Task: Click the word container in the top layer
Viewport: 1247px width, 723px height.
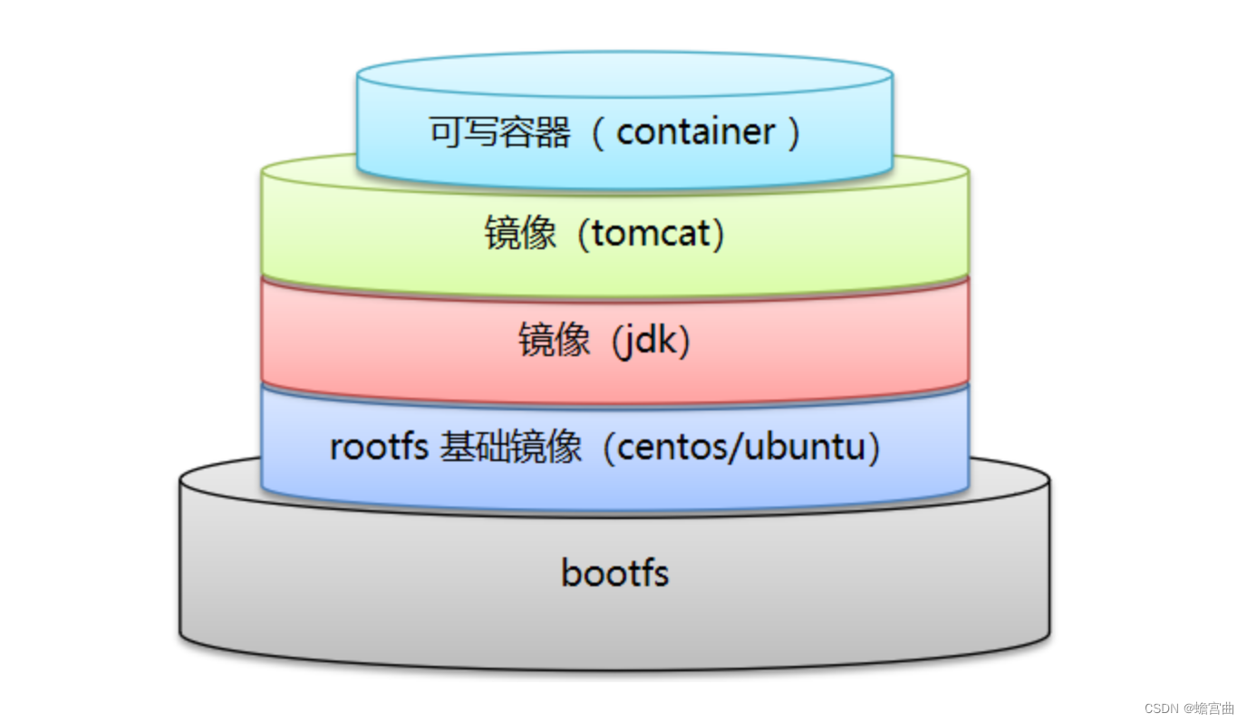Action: coord(695,132)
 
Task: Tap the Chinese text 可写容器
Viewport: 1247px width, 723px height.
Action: coord(499,132)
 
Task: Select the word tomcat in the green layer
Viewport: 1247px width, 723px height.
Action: coord(651,235)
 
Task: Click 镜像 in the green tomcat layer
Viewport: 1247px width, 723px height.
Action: coord(520,235)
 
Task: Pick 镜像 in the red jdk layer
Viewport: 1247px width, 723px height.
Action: coord(554,342)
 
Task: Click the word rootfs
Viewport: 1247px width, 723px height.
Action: coord(379,448)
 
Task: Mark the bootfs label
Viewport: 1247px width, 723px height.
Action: coord(614,573)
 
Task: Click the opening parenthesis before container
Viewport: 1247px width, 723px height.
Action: coord(597,132)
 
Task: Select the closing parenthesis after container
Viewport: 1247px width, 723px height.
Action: coord(795,132)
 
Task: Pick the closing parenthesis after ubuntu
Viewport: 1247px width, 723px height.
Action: coord(874,448)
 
